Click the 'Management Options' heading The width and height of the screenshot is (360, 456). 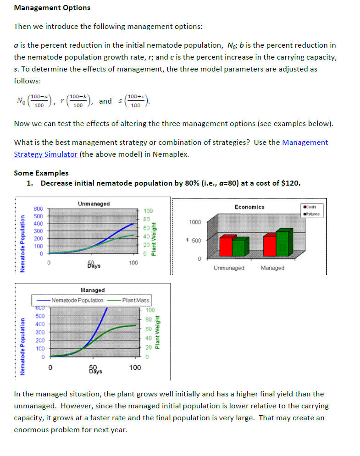pyautogui.click(x=52, y=8)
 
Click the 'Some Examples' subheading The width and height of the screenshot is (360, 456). pyautogui.click(x=41, y=173)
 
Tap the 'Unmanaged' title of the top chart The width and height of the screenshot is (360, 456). pyautogui.click(x=94, y=203)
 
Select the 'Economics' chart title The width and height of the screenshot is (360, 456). pyautogui.click(x=249, y=207)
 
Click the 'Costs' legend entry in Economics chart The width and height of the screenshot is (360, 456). pyautogui.click(x=313, y=207)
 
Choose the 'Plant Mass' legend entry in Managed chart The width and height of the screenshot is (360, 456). pyautogui.click(x=135, y=300)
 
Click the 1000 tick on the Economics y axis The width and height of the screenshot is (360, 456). pyautogui.click(x=194, y=222)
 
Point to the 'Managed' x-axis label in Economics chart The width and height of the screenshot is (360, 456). pyautogui.click(x=272, y=268)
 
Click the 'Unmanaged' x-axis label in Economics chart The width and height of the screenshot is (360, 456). pyautogui.click(x=229, y=268)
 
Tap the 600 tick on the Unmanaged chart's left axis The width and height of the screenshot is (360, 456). pyautogui.click(x=38, y=209)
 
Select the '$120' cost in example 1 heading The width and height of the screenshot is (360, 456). pyautogui.click(x=289, y=183)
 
